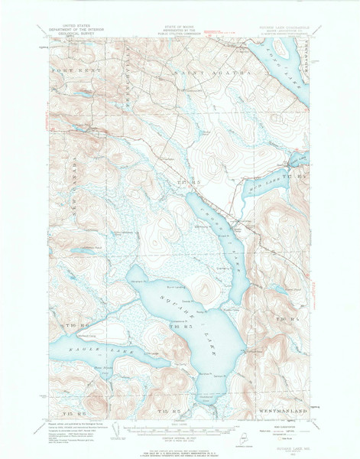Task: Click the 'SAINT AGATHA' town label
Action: (x=183, y=73)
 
